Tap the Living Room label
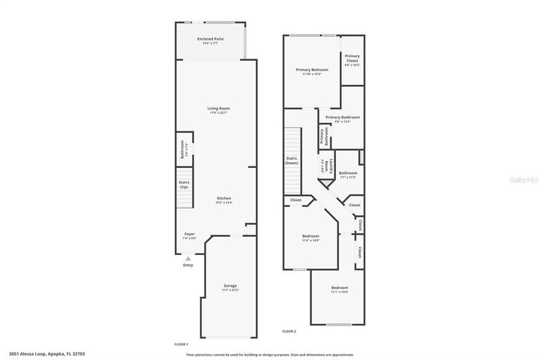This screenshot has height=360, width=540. point(218,109)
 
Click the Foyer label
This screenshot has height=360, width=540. point(190,234)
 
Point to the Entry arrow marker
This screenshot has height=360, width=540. point(187,259)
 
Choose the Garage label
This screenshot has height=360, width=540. point(230,286)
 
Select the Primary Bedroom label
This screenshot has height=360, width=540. point(311,70)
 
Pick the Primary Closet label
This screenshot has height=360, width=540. point(352,59)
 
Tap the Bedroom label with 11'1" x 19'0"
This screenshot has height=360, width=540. point(340,288)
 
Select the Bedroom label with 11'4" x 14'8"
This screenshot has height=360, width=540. point(310,236)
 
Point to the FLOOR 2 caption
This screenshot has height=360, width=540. point(289,331)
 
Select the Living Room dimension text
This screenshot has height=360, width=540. point(218,113)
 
